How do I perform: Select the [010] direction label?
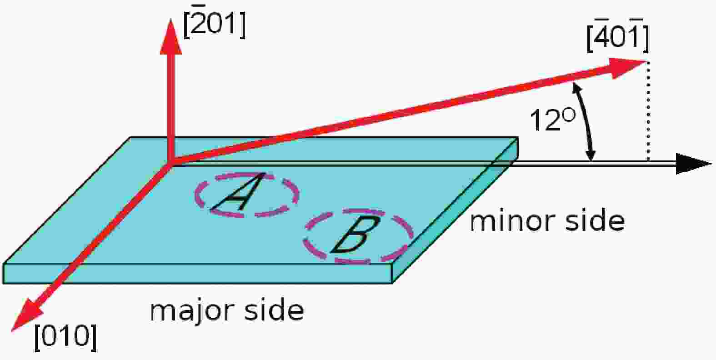pyautogui.click(x=65, y=338)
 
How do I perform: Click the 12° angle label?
pyautogui.click(x=552, y=120)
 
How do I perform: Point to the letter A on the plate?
pyautogui.click(x=238, y=192)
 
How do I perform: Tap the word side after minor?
pyautogui.click(x=595, y=220)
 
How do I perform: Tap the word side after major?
pyautogui.click(x=274, y=310)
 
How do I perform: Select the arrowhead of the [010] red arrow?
pyautogui.click(x=27, y=315)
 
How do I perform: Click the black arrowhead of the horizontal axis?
pyautogui.click(x=694, y=164)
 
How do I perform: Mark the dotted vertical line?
pyautogui.click(x=648, y=111)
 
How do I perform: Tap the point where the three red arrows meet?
pyautogui.click(x=171, y=164)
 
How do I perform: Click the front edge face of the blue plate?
pyautogui.click(x=198, y=274)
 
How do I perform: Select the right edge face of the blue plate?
pyautogui.click(x=455, y=211)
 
